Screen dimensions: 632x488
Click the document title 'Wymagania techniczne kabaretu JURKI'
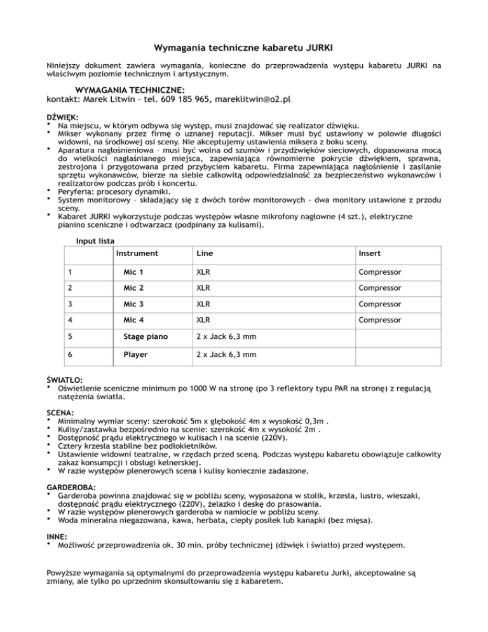[x=244, y=46]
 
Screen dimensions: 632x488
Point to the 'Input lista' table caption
[x=95, y=241]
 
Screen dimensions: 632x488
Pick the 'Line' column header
[x=205, y=253]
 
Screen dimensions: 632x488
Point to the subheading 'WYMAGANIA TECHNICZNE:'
[x=130, y=90]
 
